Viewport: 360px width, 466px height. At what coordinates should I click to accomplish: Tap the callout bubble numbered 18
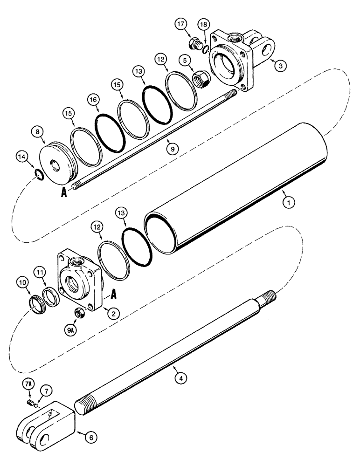point(203,25)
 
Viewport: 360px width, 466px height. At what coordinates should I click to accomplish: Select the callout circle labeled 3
point(279,66)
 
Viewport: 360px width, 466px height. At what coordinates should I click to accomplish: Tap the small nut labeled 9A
point(80,314)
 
